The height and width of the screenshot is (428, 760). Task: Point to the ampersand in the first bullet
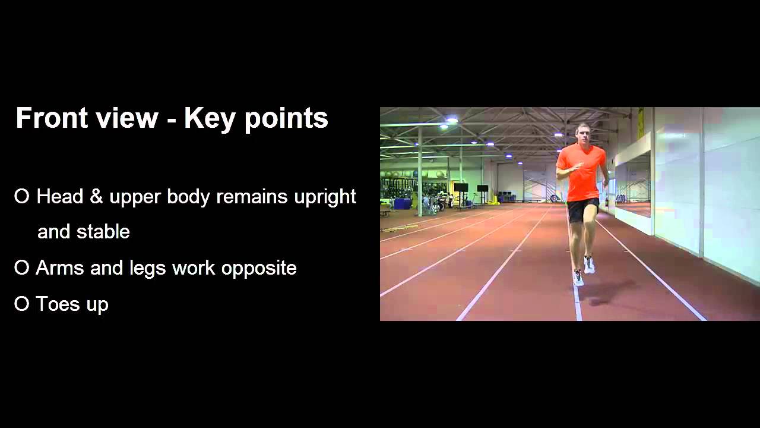point(96,197)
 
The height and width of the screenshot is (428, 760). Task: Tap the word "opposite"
point(259,269)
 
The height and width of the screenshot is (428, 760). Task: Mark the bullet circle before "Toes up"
point(21,304)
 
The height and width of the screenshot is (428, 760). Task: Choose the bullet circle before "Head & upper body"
point(21,197)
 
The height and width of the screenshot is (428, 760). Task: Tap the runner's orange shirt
point(582,172)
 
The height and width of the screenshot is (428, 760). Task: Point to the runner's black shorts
point(582,209)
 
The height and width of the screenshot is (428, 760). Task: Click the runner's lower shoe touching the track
point(578,278)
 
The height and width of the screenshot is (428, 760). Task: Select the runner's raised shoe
point(589,265)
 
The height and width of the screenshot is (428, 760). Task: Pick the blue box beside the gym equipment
point(402,203)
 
